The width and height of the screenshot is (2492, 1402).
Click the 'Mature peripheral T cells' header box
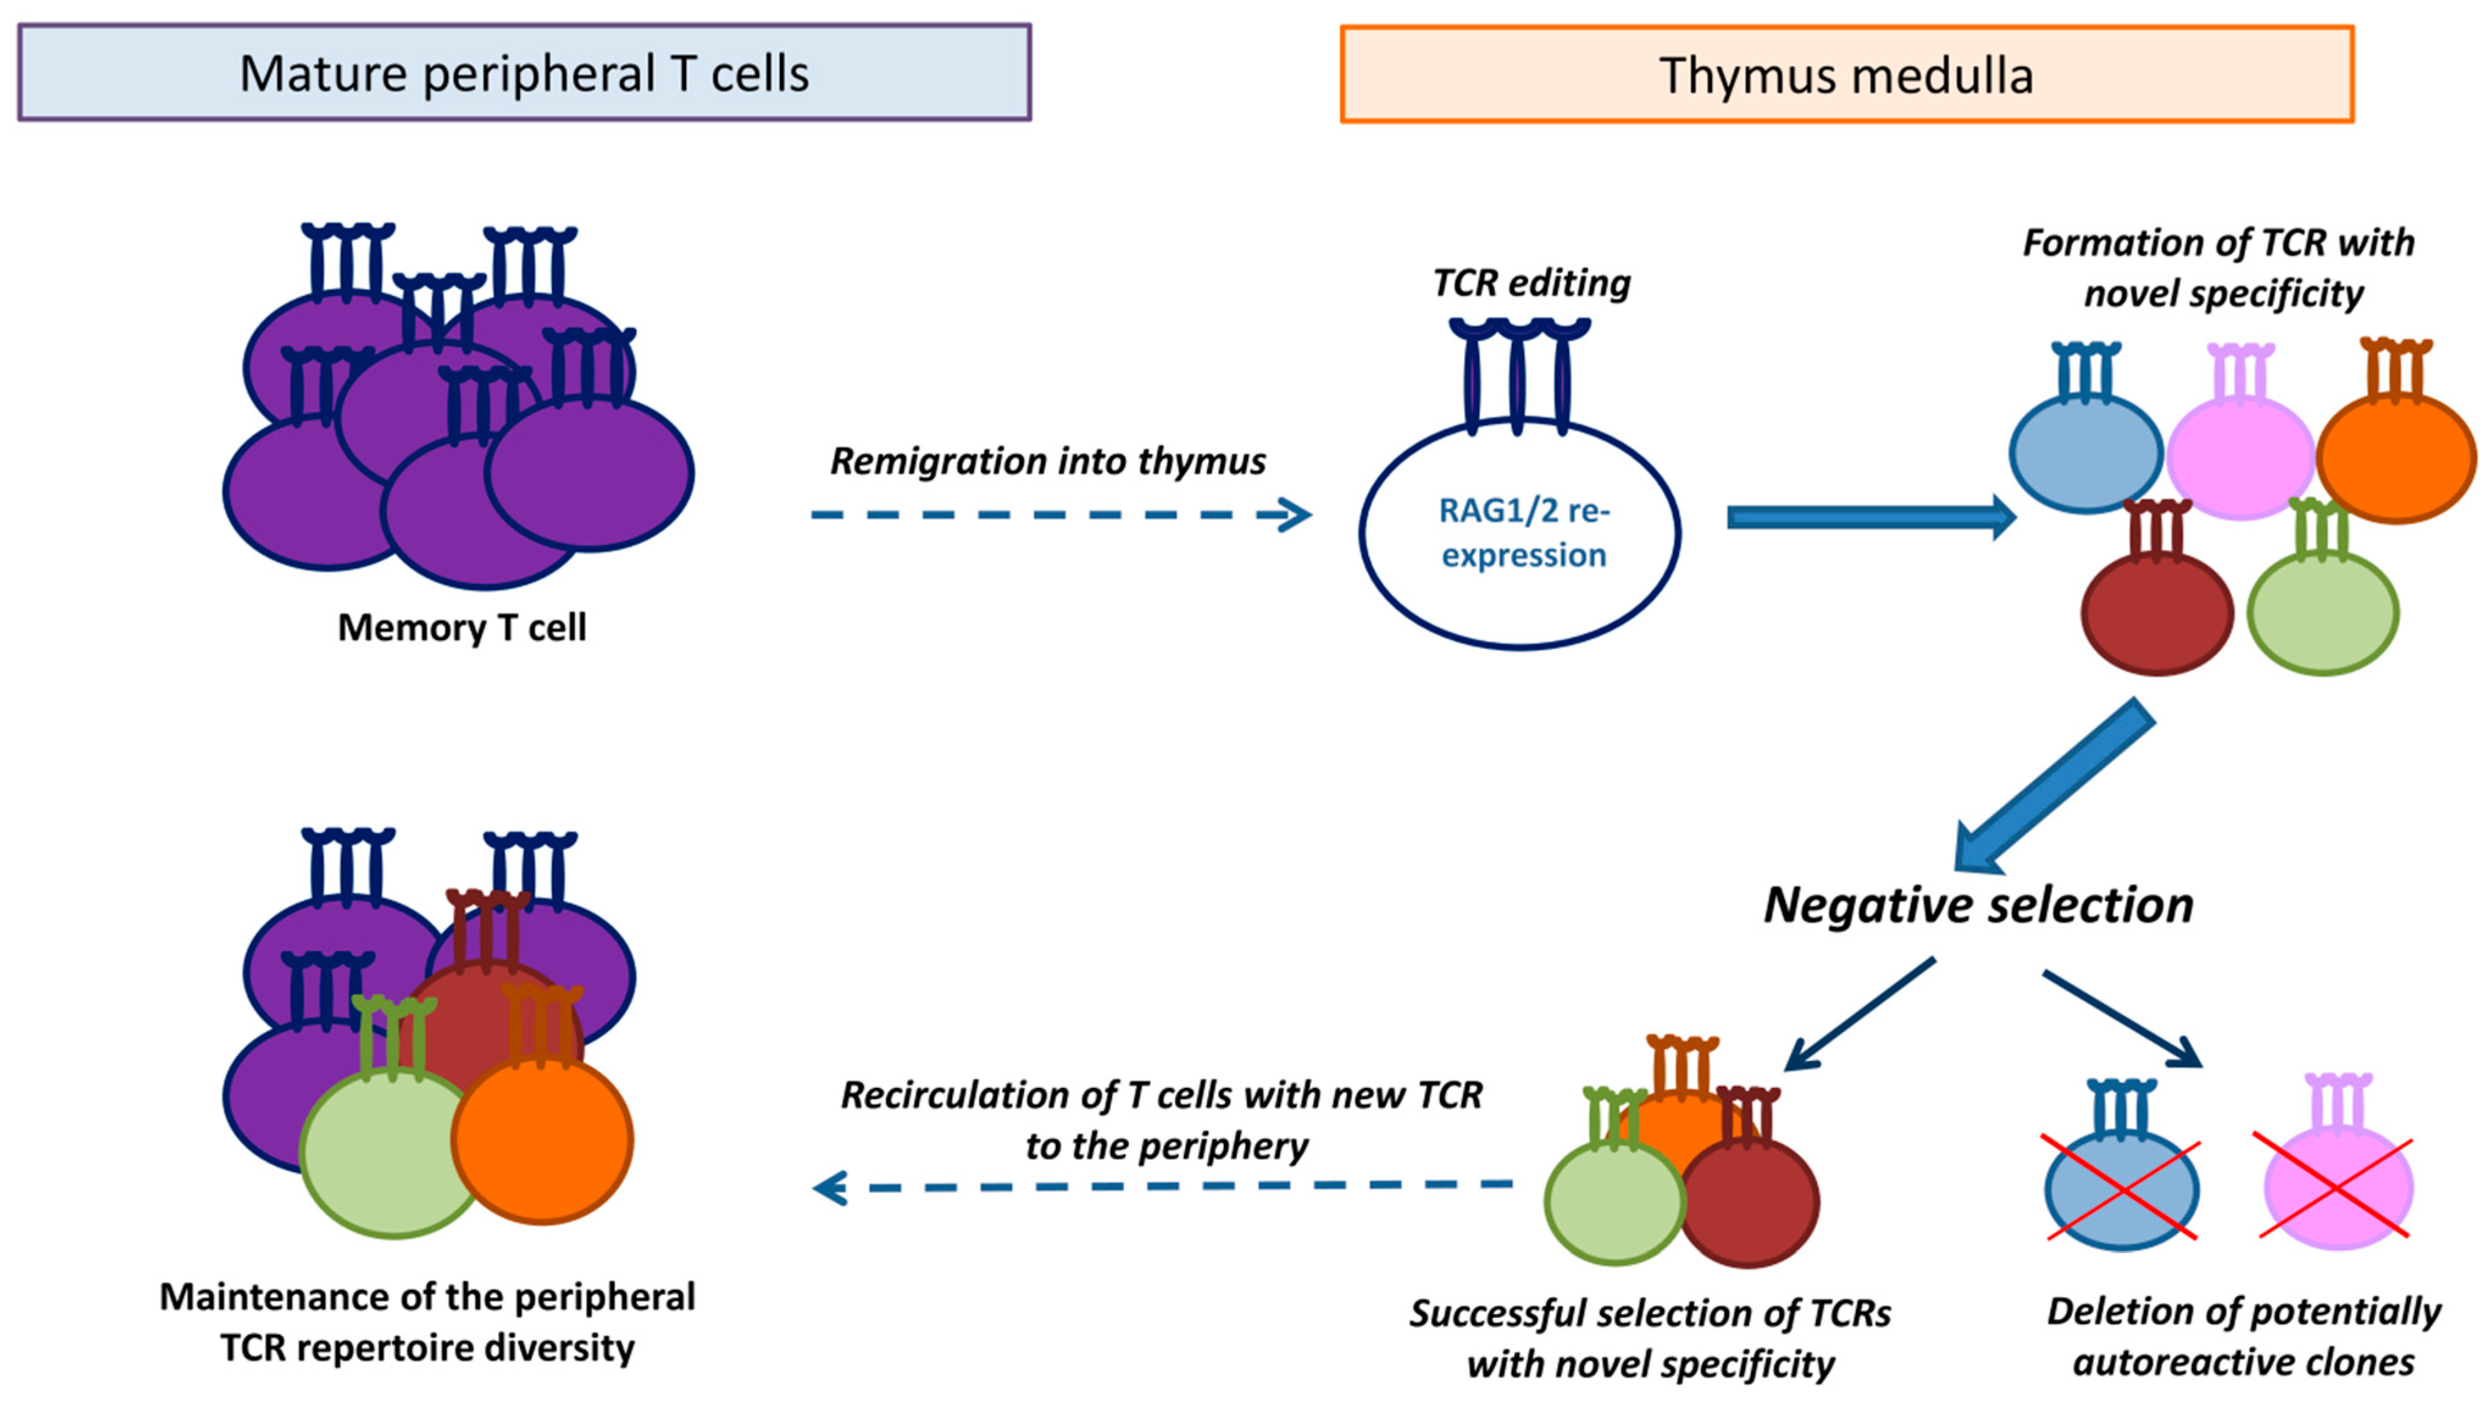point(525,74)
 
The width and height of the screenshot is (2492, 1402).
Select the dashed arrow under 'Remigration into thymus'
point(1059,515)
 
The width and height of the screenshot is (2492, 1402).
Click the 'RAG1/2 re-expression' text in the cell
point(1523,533)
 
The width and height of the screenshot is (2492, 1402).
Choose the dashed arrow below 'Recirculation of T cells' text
point(1161,1186)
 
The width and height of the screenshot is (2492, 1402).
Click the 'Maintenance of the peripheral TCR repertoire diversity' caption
point(428,1322)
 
